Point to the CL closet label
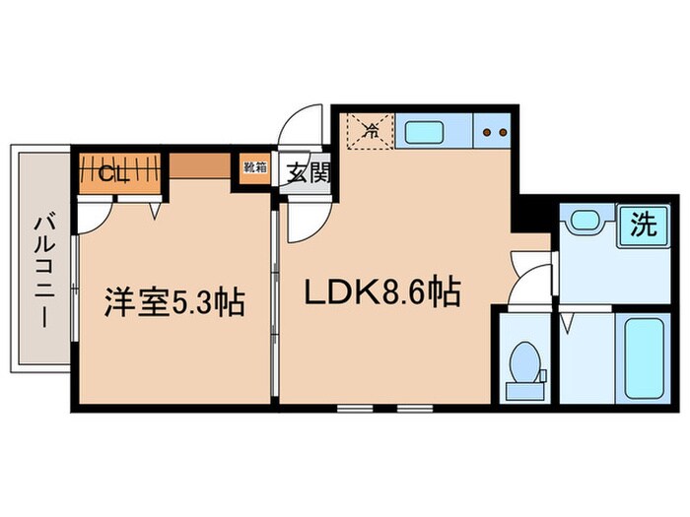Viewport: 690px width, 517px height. coord(114,174)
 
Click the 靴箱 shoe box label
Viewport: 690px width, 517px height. coord(254,167)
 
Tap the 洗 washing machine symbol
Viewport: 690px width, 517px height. coord(643,226)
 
